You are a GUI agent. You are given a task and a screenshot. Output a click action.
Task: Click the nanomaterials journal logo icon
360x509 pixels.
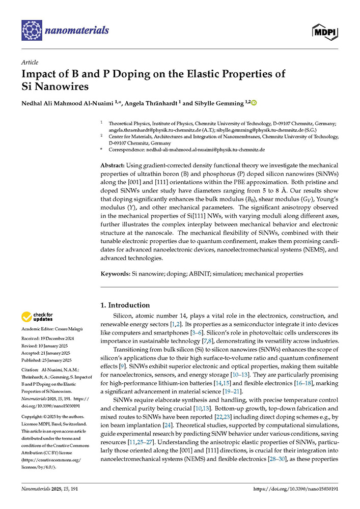click(31, 31)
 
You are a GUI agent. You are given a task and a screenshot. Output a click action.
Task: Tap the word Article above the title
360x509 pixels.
click(30, 63)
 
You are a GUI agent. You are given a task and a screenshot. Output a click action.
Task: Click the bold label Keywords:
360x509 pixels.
click(115, 273)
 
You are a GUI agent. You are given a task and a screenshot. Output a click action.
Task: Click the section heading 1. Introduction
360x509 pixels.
click(125, 305)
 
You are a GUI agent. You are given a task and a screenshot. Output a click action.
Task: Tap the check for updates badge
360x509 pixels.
click(36, 317)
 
